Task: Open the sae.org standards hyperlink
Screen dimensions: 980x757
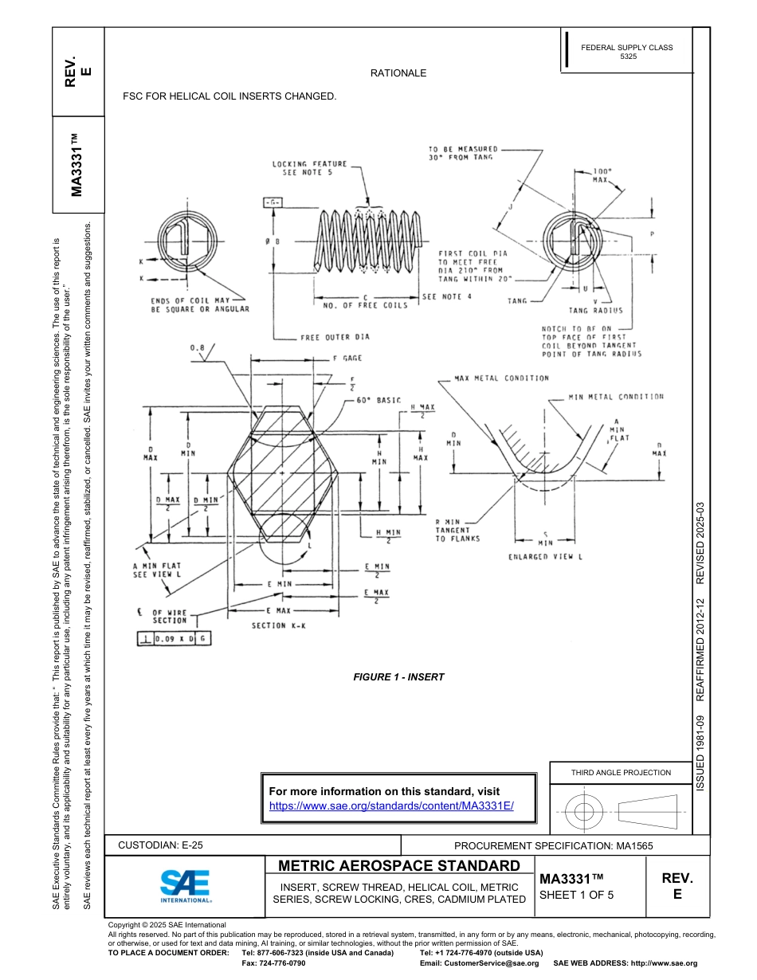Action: tap(391, 806)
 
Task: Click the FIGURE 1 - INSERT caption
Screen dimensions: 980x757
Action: tap(398, 677)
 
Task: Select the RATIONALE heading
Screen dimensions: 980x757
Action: tap(398, 73)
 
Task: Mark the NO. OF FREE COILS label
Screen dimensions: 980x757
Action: tap(365, 305)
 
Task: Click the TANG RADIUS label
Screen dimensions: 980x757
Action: tap(596, 311)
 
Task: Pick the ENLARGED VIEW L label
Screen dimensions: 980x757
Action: tap(546, 557)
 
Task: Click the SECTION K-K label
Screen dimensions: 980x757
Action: tap(279, 625)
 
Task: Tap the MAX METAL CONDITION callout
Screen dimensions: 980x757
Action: tap(501, 378)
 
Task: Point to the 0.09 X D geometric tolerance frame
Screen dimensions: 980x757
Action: tap(175, 639)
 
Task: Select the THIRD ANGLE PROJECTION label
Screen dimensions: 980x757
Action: tap(621, 772)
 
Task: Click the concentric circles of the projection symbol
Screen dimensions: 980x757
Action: tap(585, 812)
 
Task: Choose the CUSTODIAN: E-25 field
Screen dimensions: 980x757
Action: tap(166, 845)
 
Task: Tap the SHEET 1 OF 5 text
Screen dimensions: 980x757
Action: tap(576, 894)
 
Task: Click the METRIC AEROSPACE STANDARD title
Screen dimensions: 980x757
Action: tap(398, 866)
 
